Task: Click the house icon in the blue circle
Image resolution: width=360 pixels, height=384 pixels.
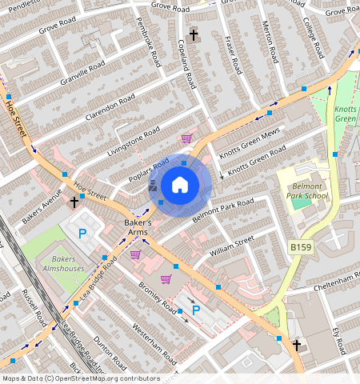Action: pos(180,186)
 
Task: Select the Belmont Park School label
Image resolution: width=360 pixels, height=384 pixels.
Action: pos(306,190)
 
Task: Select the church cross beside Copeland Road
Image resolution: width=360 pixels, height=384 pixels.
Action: pos(194,35)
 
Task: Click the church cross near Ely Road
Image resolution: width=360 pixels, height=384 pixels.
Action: pos(296,346)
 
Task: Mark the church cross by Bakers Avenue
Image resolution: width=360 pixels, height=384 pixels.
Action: pos(74,202)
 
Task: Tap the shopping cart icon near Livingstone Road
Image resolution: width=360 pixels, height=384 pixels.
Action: pos(186,138)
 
